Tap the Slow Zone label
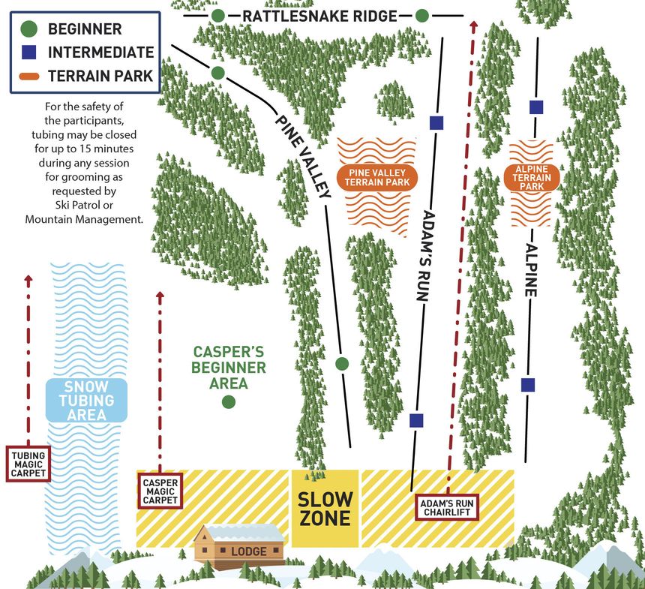point(324,509)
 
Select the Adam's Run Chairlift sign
point(448,507)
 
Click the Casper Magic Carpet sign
point(159,490)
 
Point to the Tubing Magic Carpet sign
point(28,464)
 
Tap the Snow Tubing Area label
point(87,400)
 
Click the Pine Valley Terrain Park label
point(377,176)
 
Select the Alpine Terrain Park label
point(532,177)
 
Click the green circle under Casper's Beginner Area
point(229,401)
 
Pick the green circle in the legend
point(28,29)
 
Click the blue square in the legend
point(28,53)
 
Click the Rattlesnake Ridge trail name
point(319,16)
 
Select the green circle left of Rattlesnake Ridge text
point(217,16)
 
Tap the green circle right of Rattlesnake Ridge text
point(422,16)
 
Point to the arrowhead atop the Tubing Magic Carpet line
point(28,281)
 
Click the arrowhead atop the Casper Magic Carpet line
point(159,296)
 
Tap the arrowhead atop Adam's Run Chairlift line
point(473,26)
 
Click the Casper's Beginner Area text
point(229,367)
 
